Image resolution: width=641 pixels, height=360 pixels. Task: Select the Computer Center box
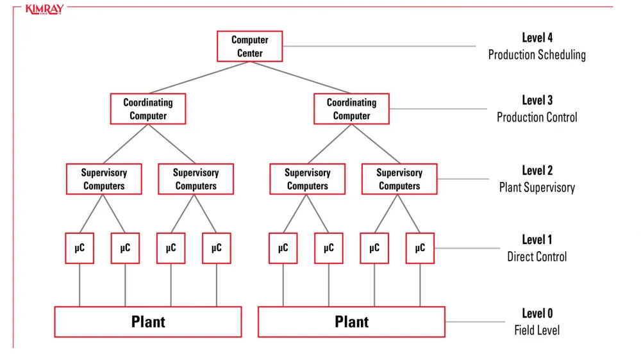(x=249, y=47)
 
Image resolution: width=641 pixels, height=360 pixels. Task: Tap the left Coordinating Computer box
(x=148, y=109)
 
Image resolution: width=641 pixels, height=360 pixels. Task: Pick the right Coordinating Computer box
(x=351, y=109)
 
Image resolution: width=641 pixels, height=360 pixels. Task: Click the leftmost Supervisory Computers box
(x=104, y=179)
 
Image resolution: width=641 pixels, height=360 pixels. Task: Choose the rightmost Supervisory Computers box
(x=399, y=179)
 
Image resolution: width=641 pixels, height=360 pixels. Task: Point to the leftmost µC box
(x=79, y=249)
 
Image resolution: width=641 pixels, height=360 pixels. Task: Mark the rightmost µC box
(x=420, y=249)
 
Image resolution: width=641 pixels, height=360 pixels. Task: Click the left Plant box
(x=148, y=322)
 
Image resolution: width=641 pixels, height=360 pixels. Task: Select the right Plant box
(x=351, y=322)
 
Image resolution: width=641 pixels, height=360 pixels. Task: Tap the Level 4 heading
(x=537, y=38)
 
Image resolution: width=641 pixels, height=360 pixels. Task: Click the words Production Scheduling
(x=537, y=55)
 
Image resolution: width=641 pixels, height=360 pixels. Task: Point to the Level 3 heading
(x=537, y=101)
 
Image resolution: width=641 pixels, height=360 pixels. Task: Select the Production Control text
(x=537, y=118)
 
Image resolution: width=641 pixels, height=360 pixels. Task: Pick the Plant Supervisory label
(x=537, y=188)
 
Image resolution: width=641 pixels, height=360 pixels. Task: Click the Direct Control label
(x=537, y=258)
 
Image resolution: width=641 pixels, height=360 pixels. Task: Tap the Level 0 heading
(x=537, y=313)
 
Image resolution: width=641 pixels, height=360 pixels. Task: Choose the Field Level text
(x=537, y=331)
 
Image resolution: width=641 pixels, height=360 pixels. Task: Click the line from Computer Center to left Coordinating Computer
(x=199, y=78)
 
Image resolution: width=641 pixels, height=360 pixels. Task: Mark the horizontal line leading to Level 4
(x=378, y=47)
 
